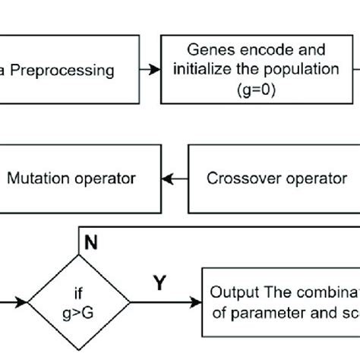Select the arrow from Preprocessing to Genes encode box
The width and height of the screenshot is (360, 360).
[150, 70]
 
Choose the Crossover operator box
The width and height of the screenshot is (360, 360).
[273, 179]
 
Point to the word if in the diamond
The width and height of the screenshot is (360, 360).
[79, 294]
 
